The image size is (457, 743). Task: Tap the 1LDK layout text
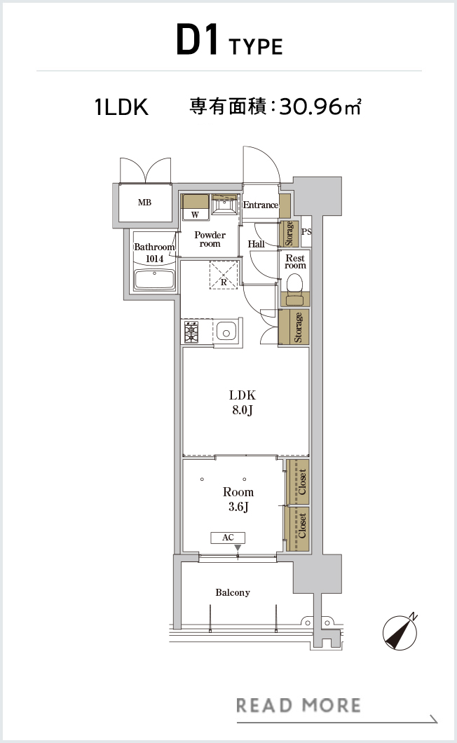pos(121,107)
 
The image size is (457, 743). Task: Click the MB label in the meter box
pos(144,203)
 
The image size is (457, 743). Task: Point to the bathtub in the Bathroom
pos(154,280)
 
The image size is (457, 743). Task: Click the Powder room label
pos(210,239)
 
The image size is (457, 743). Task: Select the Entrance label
pos(261,205)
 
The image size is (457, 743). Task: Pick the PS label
pos(307,232)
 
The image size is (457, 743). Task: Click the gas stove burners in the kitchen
pos(191,332)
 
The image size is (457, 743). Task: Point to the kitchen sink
pos(226,332)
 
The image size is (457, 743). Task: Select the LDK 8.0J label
pos(243,402)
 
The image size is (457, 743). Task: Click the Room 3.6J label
pos(238,499)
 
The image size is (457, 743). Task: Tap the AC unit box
pos(228,538)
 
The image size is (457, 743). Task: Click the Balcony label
pos(232,592)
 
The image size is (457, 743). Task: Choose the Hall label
pos(256,244)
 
